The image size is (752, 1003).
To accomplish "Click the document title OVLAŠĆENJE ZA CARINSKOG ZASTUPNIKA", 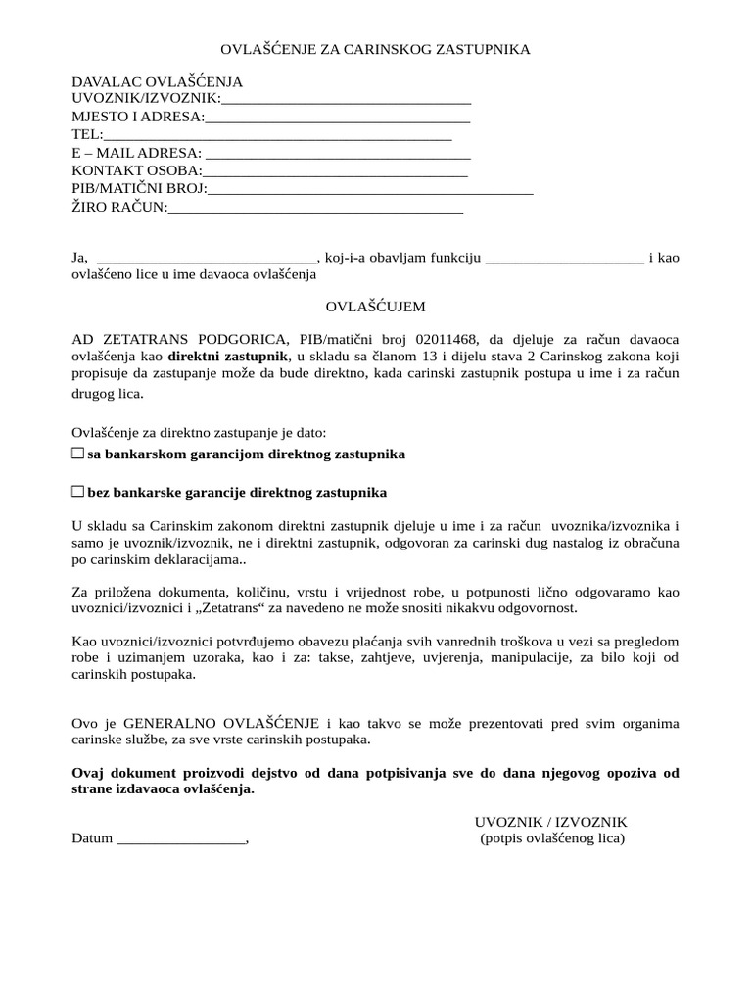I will pyautogui.click(x=375, y=49).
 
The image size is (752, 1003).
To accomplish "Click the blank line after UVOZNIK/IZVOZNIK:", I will pyautogui.click(x=347, y=99).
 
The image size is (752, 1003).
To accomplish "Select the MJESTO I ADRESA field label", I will pyautogui.click(x=138, y=118).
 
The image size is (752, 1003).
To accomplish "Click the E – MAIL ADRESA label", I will pyautogui.click(x=136, y=153).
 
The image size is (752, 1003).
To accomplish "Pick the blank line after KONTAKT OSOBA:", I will pyautogui.click(x=335, y=170).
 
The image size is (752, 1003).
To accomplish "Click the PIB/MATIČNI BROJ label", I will pyautogui.click(x=139, y=188).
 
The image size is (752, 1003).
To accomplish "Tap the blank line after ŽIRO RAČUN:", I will pyautogui.click(x=315, y=207).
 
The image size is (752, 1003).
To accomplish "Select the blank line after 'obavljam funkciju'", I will pyautogui.click(x=564, y=258).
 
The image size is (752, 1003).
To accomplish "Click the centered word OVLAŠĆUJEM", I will pyautogui.click(x=376, y=307).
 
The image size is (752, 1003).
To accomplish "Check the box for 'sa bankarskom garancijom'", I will pyautogui.click(x=78, y=454).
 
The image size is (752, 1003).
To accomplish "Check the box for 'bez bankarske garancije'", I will pyautogui.click(x=78, y=491).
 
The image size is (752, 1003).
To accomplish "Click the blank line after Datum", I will pyautogui.click(x=180, y=838).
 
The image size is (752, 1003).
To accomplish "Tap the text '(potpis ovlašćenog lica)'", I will pyautogui.click(x=551, y=838).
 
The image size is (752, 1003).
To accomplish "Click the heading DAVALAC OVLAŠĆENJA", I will pyautogui.click(x=157, y=82).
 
